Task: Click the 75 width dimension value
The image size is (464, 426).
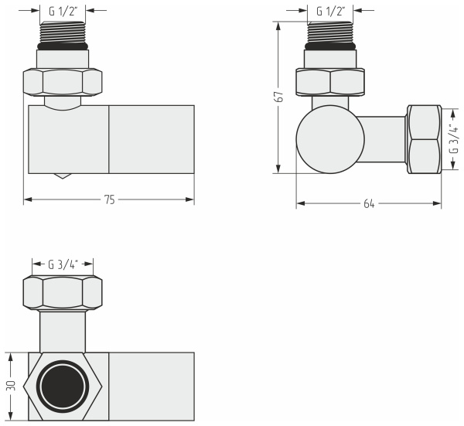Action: tap(109, 199)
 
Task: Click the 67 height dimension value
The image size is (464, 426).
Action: tap(279, 97)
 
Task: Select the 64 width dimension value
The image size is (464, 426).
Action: tap(369, 204)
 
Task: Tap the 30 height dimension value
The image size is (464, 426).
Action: tap(11, 386)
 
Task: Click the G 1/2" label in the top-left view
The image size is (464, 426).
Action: tap(63, 12)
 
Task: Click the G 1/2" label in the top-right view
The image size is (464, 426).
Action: tap(331, 12)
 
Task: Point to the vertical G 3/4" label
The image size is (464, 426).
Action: tap(453, 138)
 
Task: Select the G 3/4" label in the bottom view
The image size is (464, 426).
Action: tap(63, 264)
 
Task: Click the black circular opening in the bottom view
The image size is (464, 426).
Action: tap(63, 386)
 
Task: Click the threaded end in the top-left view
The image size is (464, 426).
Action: tap(63, 32)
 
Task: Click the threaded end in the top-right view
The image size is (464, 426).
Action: tap(330, 32)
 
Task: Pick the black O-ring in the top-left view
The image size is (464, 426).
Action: tap(63, 46)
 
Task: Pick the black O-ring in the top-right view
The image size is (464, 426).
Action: tap(330, 46)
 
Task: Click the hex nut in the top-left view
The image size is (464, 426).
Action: tap(63, 82)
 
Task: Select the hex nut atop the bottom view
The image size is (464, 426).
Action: tap(63, 292)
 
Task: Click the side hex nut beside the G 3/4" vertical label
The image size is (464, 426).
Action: tap(425, 139)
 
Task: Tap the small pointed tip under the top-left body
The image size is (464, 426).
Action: tap(63, 176)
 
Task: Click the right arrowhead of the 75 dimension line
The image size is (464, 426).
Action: tap(190, 199)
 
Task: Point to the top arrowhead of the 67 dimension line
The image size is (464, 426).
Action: tap(278, 26)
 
